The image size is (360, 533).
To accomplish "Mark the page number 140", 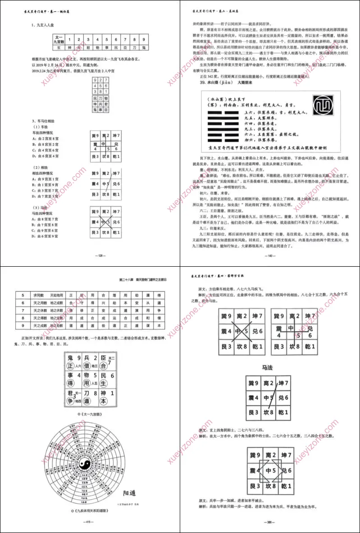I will (x=270, y=255).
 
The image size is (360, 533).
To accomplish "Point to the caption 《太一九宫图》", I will (x=90, y=413).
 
